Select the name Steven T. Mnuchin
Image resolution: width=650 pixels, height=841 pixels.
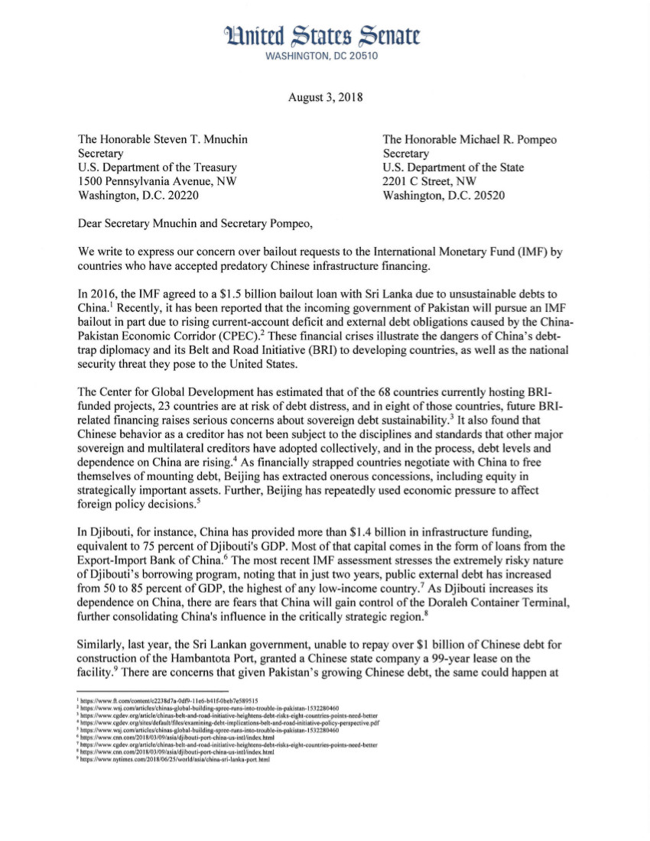pos(206,140)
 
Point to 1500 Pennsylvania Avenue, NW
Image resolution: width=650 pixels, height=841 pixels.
pos(157,181)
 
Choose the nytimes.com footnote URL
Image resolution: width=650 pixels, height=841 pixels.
pos(180,760)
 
